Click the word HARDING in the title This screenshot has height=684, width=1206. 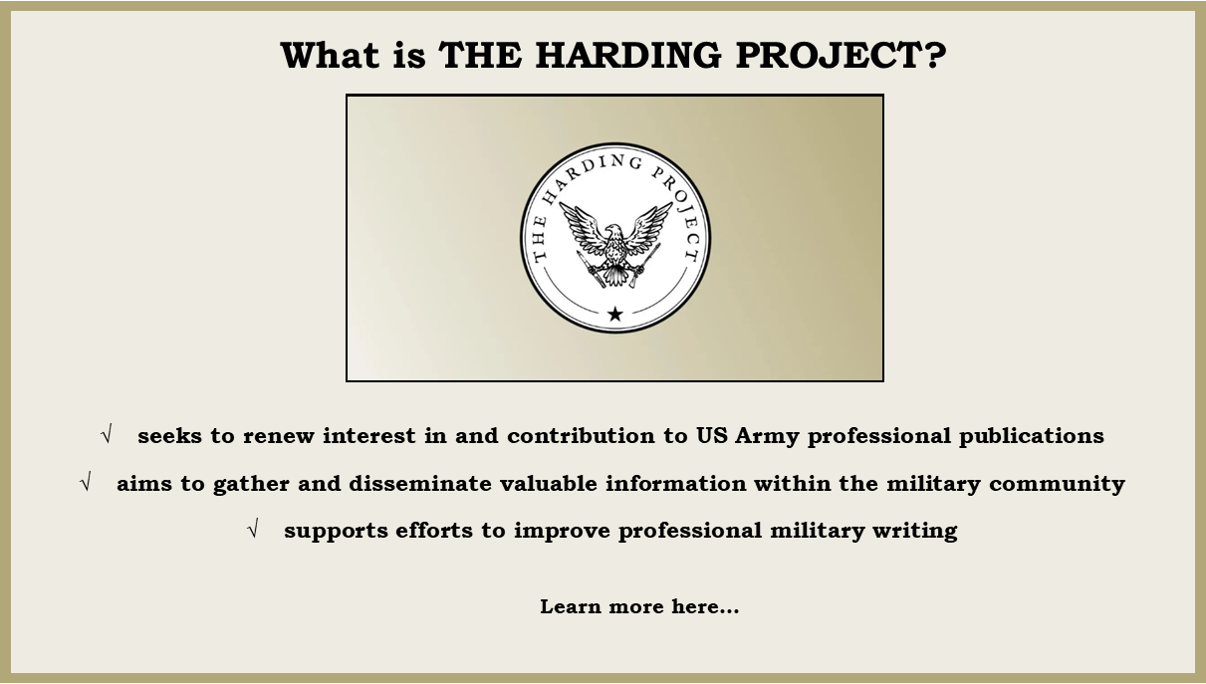(628, 55)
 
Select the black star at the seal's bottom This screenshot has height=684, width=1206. (614, 314)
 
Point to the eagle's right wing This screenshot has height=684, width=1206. (647, 226)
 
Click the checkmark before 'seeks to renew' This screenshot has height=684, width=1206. (107, 433)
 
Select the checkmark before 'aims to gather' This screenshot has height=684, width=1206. (86, 481)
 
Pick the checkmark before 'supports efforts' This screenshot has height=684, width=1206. (253, 528)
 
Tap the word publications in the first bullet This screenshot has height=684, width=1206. (1032, 436)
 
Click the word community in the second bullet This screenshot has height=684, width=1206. (1057, 484)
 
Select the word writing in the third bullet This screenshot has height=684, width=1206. (915, 531)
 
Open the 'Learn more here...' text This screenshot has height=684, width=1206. (639, 606)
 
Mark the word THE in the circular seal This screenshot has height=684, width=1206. (539, 237)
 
